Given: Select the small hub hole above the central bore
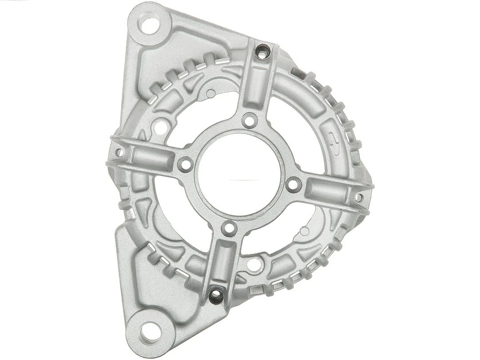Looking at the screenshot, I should point(250,119).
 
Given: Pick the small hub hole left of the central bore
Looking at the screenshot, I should point(185,164).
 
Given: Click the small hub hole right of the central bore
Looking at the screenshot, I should point(293,184).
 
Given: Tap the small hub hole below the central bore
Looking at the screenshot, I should point(229,228).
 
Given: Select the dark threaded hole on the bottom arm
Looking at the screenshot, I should point(216,295).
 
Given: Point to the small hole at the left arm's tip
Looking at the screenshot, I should point(118,152).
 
